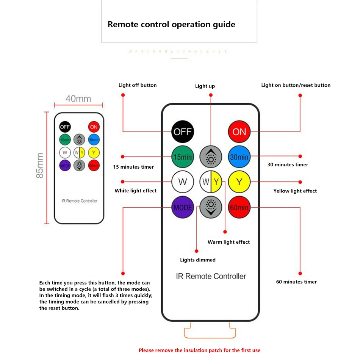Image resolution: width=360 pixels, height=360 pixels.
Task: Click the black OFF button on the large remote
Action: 182,131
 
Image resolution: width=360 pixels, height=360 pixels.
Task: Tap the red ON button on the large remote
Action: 239,131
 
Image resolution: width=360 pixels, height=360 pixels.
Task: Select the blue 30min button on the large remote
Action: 239,157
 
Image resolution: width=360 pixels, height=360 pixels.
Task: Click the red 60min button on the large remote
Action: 239,207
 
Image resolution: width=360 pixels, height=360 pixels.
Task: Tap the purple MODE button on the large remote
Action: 182,207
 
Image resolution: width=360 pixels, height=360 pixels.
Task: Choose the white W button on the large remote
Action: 182,182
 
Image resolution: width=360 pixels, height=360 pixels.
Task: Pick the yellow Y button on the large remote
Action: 239,182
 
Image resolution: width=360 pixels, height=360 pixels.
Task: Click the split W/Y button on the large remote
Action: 211,182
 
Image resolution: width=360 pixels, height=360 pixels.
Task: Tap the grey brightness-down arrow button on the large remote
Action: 211,207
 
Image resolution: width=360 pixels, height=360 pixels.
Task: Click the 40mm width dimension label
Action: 78,99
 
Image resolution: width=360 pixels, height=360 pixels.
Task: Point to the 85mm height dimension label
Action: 39,166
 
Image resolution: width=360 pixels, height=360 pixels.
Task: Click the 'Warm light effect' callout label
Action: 229,242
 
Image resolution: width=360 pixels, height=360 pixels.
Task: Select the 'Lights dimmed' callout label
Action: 197,260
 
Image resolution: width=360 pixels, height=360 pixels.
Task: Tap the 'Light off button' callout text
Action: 137,85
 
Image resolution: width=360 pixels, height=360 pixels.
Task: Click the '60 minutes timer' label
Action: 296,282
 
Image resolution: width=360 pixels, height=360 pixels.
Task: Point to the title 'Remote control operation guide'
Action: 171,25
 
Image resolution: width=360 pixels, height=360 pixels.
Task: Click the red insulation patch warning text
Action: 199,350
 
